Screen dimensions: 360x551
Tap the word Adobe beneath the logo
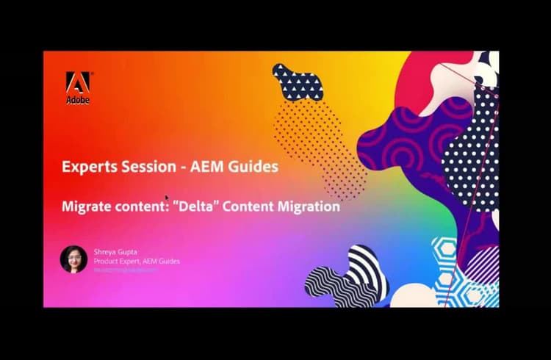[x=77, y=99]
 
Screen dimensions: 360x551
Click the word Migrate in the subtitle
[x=85, y=206]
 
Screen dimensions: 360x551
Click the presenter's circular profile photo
[x=73, y=259]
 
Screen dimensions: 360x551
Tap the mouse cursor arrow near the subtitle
[x=168, y=198]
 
